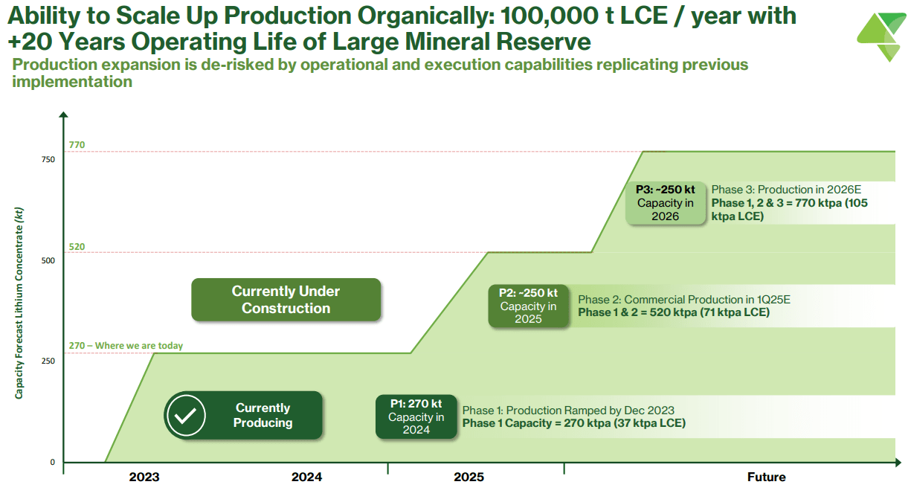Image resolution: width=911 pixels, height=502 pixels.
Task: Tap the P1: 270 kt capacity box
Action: click(416, 416)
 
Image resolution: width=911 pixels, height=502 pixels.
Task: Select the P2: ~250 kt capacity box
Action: click(528, 306)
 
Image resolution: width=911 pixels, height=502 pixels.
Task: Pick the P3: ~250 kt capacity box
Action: click(665, 202)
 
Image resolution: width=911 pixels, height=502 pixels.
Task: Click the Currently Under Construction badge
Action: click(286, 300)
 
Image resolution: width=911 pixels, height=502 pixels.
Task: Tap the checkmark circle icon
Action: click(185, 415)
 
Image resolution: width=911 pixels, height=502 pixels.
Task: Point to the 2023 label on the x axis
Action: click(144, 477)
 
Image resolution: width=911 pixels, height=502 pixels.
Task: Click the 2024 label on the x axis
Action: click(306, 477)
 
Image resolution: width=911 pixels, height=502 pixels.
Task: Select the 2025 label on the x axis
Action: click(469, 477)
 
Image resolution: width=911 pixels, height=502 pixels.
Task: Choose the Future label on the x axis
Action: click(766, 477)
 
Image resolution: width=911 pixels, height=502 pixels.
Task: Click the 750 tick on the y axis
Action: click(48, 160)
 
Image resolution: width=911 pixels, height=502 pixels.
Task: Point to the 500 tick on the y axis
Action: click(48, 261)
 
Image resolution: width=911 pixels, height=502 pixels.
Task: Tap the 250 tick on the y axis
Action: click(48, 361)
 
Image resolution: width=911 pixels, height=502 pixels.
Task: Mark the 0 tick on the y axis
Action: click(53, 462)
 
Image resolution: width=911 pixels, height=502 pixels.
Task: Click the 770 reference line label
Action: click(77, 146)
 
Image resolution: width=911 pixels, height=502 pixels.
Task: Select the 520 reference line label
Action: click(77, 247)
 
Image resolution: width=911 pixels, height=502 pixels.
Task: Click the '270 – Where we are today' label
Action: click(126, 346)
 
